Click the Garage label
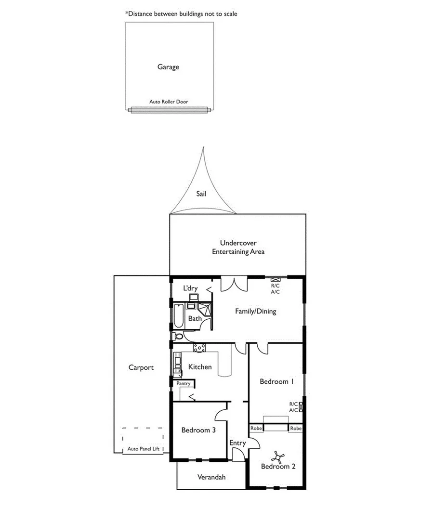click(x=168, y=67)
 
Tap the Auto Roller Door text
click(x=169, y=102)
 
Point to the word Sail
click(x=201, y=194)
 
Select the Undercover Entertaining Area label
click(x=238, y=247)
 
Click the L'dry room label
click(x=191, y=288)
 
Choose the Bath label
click(x=195, y=318)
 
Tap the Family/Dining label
click(x=255, y=311)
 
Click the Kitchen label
click(x=200, y=367)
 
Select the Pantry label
click(x=184, y=384)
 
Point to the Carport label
click(x=141, y=367)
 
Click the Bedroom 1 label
click(x=276, y=381)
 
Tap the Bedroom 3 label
click(x=198, y=430)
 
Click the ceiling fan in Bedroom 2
click(x=278, y=456)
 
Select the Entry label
click(x=237, y=443)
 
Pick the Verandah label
click(x=211, y=477)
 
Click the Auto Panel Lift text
click(x=144, y=449)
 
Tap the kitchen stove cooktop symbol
click(x=199, y=347)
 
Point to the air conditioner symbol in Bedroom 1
click(x=302, y=407)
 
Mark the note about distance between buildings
click(x=181, y=14)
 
